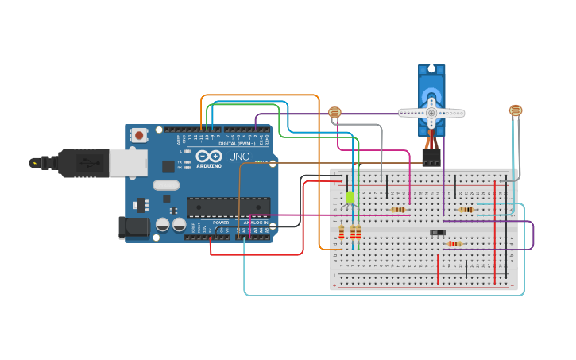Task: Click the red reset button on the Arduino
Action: [140, 135]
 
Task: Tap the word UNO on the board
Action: [239, 157]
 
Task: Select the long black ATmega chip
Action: [228, 207]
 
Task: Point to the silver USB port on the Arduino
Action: [127, 163]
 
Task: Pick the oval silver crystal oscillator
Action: [167, 185]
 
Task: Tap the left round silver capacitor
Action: [163, 225]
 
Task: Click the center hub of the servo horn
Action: [431, 113]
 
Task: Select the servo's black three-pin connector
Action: [431, 158]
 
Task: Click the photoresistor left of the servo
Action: [334, 113]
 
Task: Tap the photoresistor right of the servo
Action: [516, 110]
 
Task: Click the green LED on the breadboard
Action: [350, 197]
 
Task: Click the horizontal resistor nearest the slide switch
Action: [454, 243]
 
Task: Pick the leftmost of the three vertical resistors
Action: [342, 232]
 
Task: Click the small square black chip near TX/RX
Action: [168, 166]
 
